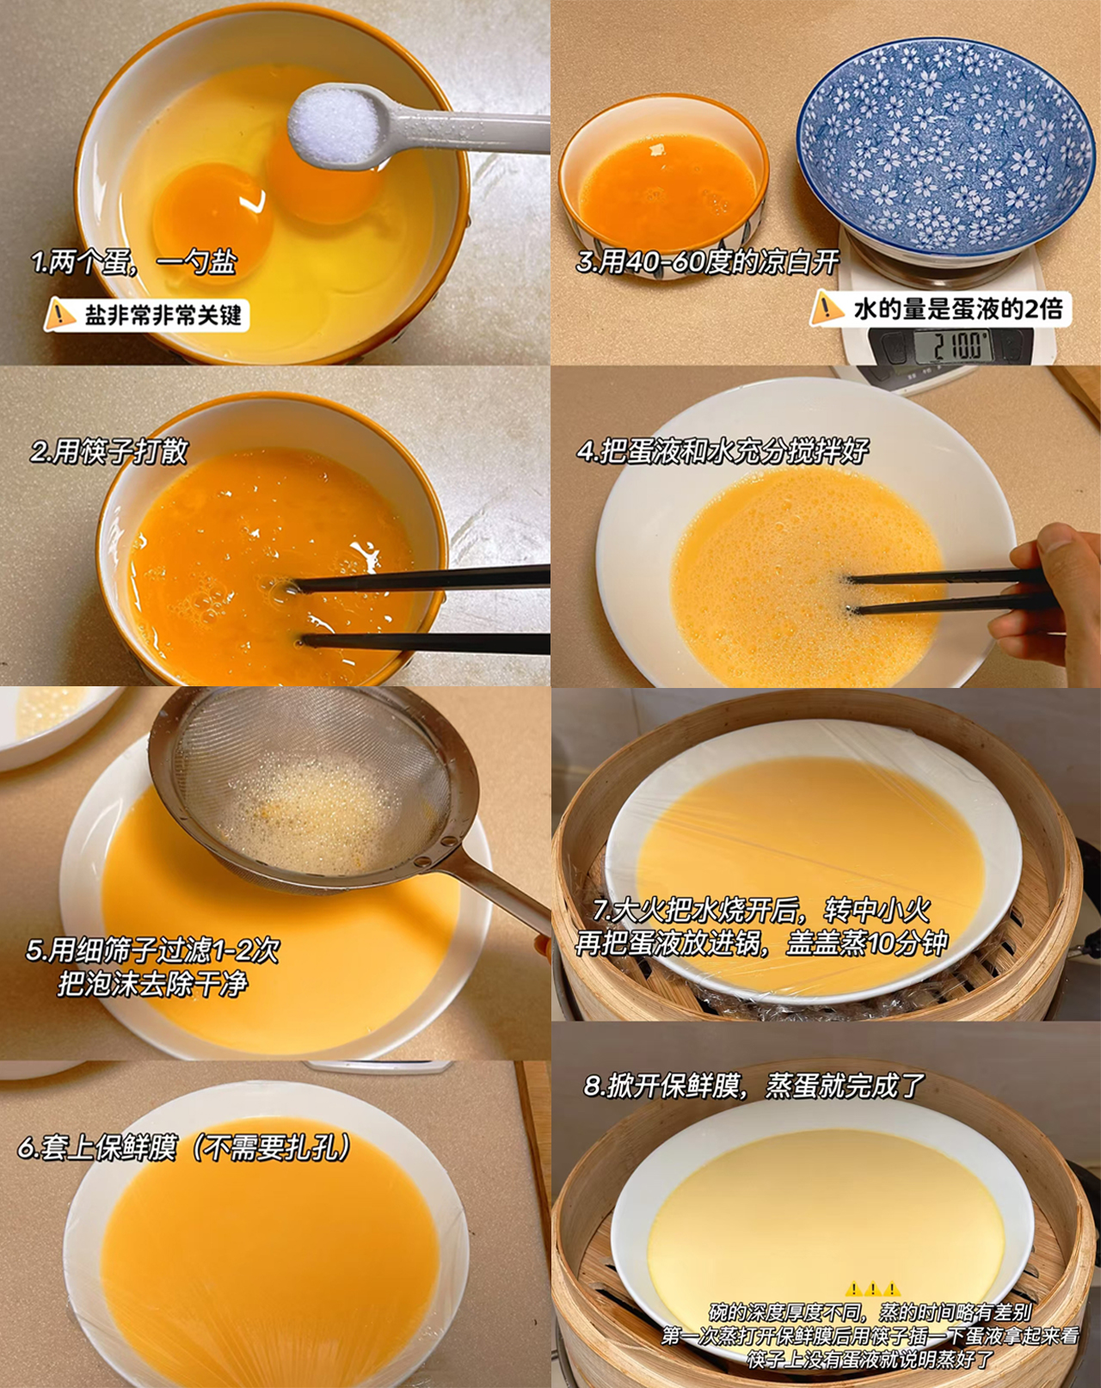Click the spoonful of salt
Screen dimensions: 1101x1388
coord(335,126)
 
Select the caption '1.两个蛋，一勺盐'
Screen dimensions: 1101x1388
coord(134,263)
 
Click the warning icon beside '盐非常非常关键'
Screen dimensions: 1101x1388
coord(60,314)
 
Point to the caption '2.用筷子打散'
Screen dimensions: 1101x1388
coord(108,451)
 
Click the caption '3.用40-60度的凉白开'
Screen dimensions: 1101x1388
coord(707,261)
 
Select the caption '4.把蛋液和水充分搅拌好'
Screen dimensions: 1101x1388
coord(723,451)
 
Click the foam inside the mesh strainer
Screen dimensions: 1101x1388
coord(310,816)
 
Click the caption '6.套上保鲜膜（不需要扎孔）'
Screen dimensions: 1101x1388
coord(185,1147)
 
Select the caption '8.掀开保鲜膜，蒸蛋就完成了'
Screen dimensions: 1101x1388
coord(754,1085)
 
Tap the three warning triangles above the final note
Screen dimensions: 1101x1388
coord(872,1288)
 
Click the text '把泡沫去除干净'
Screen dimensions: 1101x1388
coord(152,984)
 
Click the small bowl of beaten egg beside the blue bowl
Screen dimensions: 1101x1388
coord(666,184)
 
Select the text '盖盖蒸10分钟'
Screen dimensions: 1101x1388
coord(866,944)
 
